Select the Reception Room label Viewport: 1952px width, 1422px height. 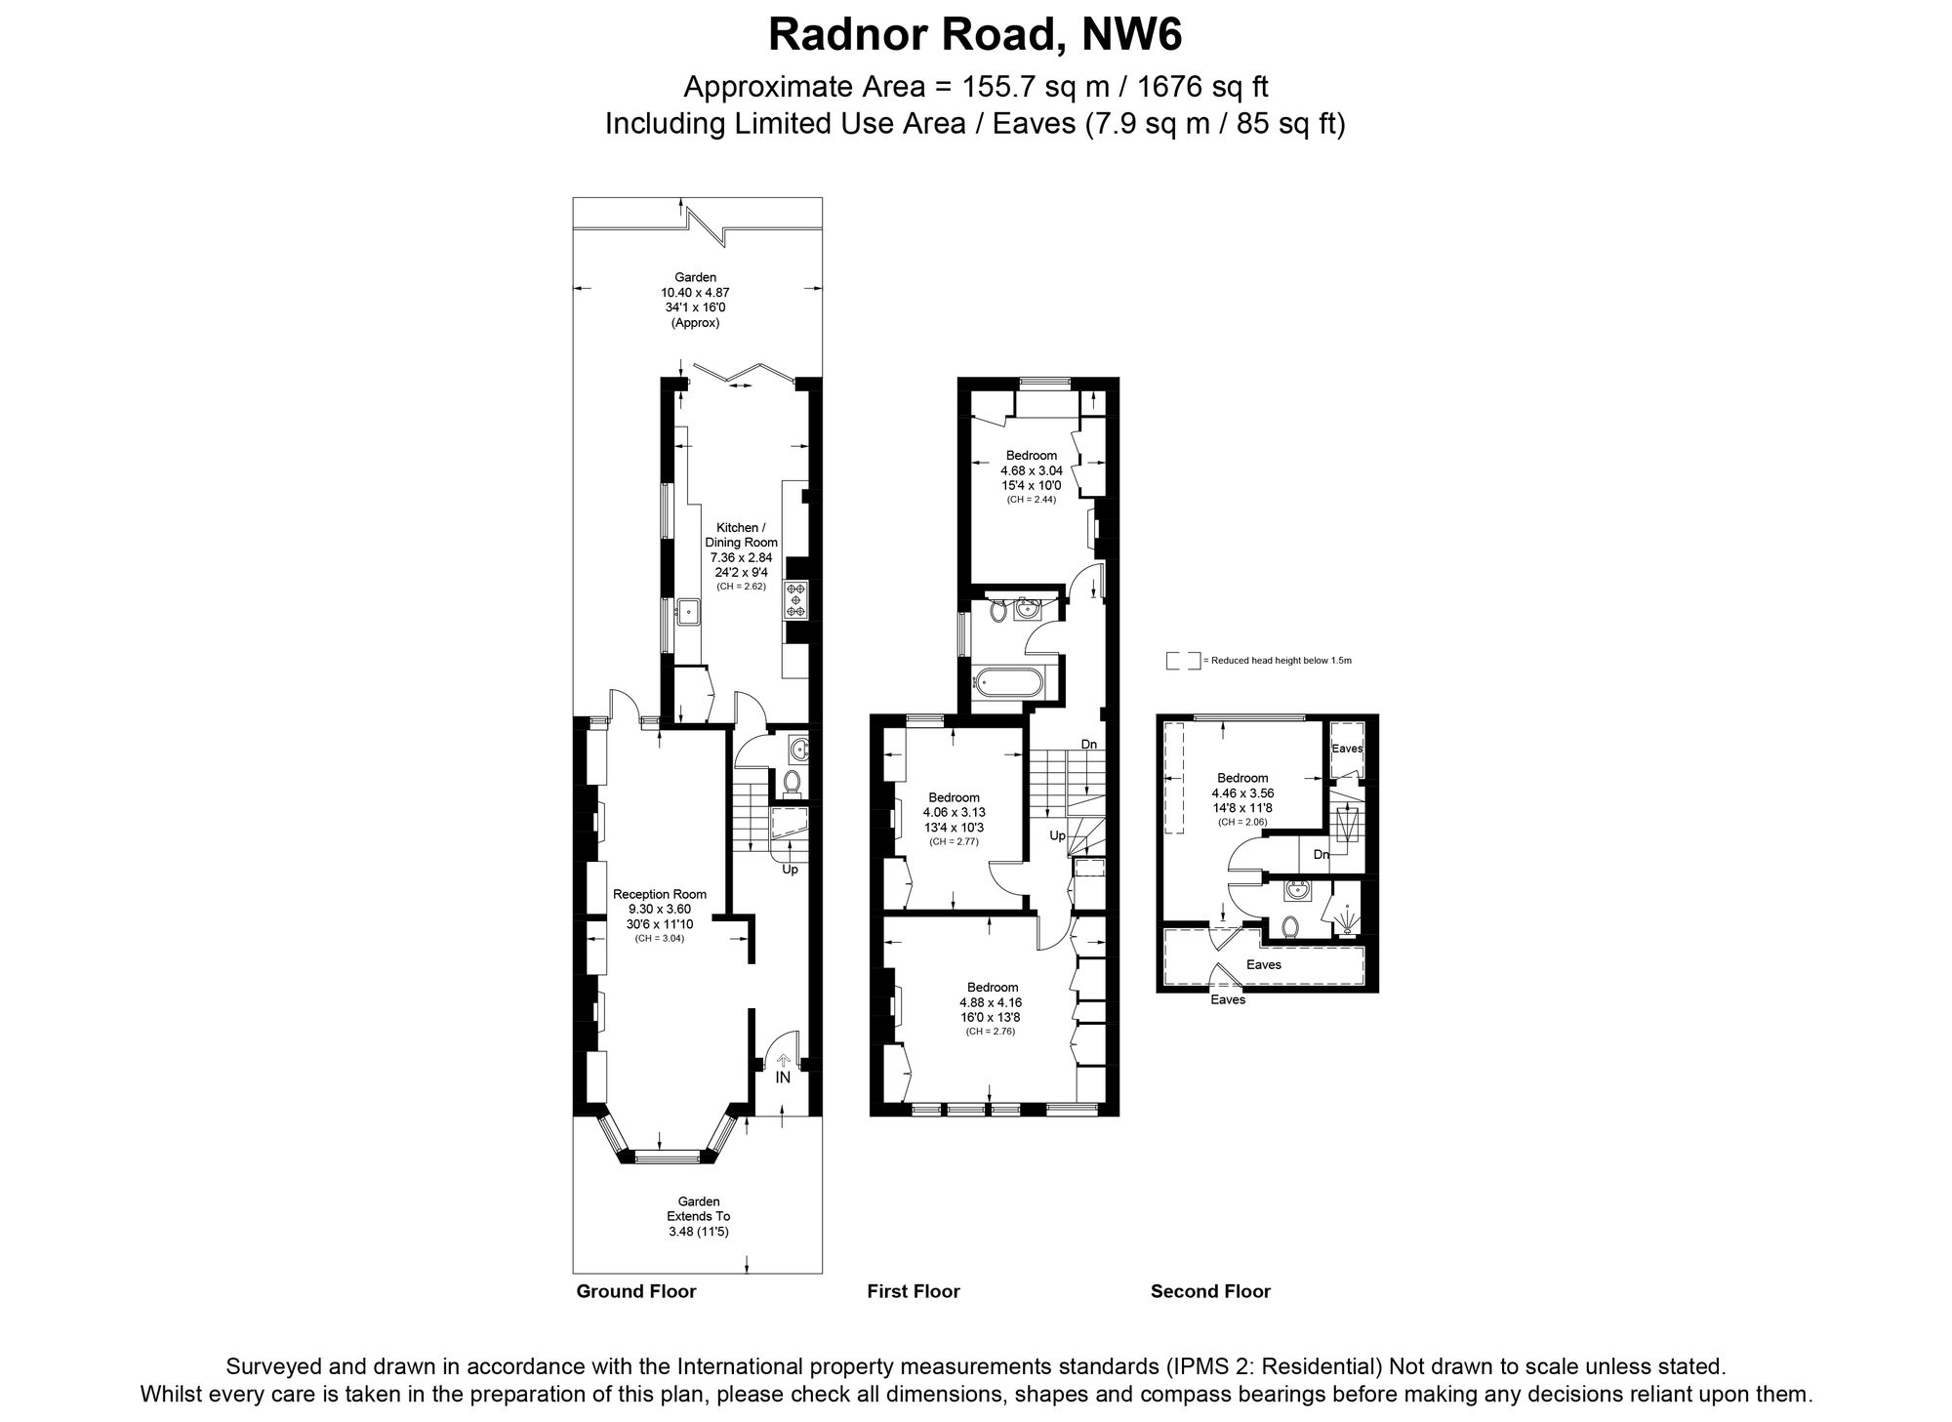click(660, 894)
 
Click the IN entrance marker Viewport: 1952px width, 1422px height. click(783, 1078)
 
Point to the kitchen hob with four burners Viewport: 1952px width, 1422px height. click(795, 599)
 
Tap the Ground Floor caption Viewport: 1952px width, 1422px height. click(636, 1291)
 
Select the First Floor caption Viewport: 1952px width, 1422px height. click(914, 1291)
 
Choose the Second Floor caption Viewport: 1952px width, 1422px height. click(1210, 1291)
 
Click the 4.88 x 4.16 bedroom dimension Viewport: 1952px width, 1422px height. click(991, 1002)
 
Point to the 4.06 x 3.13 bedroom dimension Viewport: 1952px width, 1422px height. click(955, 812)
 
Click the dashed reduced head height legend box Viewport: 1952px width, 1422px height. click(1183, 661)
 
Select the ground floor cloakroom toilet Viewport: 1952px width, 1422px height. click(792, 781)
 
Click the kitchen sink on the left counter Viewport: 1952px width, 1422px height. click(689, 612)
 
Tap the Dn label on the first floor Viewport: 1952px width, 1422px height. click(1089, 745)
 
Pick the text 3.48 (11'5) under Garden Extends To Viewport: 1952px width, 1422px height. click(699, 1232)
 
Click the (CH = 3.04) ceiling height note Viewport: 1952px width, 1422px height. click(660, 938)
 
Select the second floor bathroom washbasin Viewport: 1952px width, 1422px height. click(1298, 890)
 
